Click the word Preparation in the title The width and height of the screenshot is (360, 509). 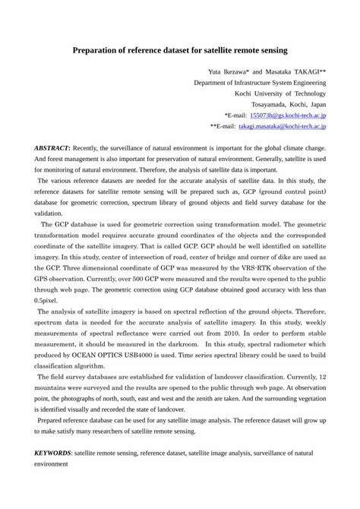96,52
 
